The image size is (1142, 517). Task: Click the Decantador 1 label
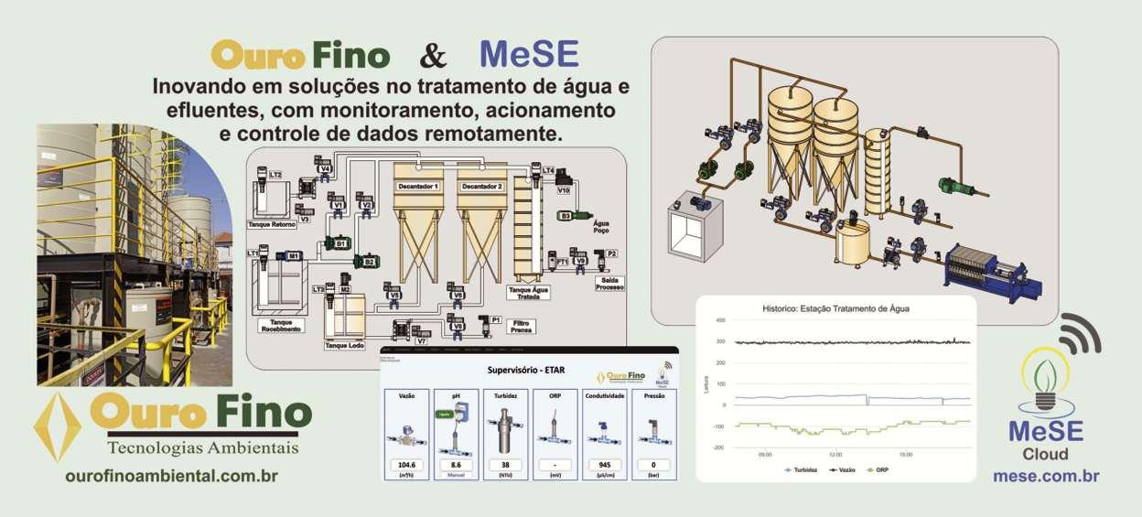coord(417,187)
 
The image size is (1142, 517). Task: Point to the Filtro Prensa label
coord(523,327)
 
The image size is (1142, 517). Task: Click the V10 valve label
coord(564,190)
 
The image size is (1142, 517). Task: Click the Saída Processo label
coord(609,284)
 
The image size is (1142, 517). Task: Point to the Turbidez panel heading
coord(506,397)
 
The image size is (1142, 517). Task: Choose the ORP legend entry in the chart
coord(877,469)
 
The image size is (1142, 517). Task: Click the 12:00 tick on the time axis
coord(835,454)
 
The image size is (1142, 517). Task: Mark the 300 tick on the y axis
coord(720,341)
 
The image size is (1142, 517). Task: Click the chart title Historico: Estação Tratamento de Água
coord(835,308)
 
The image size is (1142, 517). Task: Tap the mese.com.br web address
coord(1046,476)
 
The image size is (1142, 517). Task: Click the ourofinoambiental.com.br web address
coord(171,476)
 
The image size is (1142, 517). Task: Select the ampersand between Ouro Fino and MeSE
coord(434,56)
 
